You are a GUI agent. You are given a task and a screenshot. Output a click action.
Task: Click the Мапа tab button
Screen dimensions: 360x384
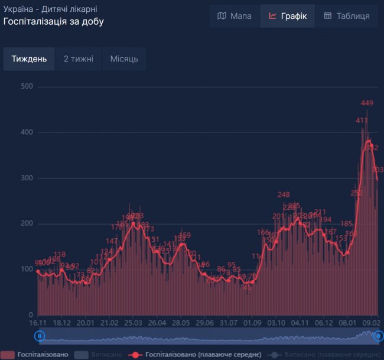235,16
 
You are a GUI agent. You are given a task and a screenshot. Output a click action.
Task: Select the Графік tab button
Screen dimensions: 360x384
287,16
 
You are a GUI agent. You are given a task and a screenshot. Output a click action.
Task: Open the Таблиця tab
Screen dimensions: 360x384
347,16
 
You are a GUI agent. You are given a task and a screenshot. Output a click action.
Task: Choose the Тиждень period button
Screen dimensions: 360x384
29,59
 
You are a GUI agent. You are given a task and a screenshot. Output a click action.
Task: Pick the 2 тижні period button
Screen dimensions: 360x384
79,59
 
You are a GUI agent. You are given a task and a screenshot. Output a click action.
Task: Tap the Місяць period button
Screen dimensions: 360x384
124,59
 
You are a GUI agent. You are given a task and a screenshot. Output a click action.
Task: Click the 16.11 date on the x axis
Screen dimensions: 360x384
38,323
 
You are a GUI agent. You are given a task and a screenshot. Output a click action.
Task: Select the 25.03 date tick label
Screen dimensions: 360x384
133,323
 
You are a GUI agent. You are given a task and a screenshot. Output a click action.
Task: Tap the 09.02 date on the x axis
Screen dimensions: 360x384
371,323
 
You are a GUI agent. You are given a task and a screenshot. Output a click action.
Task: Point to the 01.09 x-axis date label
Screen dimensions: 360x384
252,323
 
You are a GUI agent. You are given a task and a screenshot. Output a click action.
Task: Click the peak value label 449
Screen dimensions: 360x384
367,103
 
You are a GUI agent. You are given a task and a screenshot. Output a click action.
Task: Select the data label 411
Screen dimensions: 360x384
362,121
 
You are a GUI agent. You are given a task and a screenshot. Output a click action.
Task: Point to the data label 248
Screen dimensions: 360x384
284,195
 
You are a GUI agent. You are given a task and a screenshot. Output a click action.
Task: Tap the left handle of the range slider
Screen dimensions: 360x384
40,336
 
